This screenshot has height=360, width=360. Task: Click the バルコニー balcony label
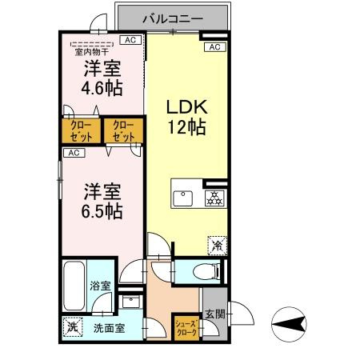173,19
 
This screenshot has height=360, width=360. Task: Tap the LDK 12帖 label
186,117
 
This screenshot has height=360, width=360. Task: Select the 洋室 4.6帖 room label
102,78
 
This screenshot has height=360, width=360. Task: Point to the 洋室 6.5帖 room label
102,201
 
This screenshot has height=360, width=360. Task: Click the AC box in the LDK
215,47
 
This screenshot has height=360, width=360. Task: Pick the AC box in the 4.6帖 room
130,40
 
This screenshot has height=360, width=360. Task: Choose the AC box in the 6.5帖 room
74,153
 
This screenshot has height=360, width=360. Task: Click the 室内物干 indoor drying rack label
91,52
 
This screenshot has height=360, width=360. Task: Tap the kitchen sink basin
183,198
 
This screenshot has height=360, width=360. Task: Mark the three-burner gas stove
214,198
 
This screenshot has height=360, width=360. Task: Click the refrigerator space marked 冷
218,246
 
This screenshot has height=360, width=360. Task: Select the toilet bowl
206,271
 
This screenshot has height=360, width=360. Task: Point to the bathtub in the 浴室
74,286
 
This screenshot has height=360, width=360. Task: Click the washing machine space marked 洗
73,326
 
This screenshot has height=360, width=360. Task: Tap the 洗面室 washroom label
109,328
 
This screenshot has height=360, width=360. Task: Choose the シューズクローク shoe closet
186,327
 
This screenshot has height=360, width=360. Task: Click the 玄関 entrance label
215,314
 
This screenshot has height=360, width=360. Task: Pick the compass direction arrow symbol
289,325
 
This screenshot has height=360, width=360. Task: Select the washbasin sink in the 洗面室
131,302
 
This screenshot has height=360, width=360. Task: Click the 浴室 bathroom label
100,286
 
